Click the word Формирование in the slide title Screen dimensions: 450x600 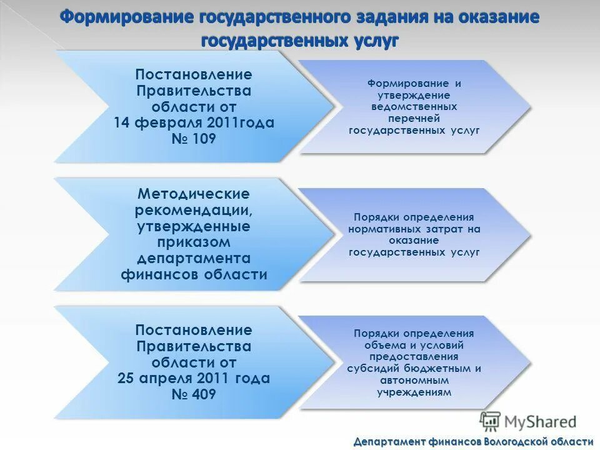[x=127, y=17]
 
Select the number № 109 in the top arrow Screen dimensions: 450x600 [x=194, y=139]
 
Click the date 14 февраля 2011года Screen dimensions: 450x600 [x=194, y=122]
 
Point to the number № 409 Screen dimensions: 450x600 [x=194, y=394]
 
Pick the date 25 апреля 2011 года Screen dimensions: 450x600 [x=194, y=378]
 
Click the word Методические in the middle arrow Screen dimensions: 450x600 [x=194, y=193]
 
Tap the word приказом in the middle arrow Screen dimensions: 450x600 [x=194, y=242]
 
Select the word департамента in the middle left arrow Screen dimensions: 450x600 [x=194, y=258]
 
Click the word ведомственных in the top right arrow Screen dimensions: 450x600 [x=414, y=106]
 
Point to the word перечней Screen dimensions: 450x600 [x=414, y=118]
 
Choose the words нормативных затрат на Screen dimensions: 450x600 [x=414, y=229]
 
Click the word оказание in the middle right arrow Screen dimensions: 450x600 [x=414, y=240]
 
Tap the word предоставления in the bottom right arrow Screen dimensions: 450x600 [x=414, y=357]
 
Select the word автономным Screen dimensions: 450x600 [x=414, y=380]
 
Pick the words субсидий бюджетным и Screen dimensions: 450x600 [x=414, y=368]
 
